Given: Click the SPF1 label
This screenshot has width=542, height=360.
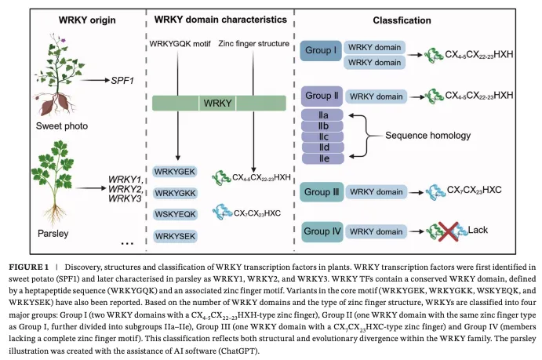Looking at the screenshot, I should point(122,80).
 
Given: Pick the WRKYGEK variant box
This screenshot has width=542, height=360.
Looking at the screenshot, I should point(175,172).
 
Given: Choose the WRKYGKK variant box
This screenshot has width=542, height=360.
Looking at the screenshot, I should point(175,193).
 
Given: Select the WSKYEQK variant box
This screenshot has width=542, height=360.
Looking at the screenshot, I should point(175,214).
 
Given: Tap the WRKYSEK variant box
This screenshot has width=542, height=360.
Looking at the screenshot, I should point(175,235).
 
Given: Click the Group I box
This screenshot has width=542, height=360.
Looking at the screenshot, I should point(322,53).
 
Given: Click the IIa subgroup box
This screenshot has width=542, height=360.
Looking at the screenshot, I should point(322,115).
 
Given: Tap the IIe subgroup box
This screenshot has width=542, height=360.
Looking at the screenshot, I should point(322,158).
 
